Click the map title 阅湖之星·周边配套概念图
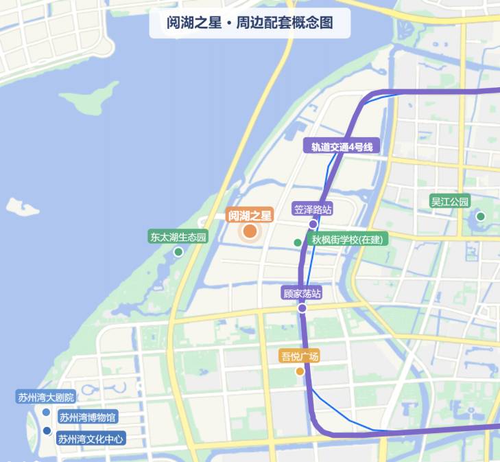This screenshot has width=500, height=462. click(250, 23)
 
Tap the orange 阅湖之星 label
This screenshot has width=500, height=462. click(250, 215)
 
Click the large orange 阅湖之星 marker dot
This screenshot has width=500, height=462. click(250, 231)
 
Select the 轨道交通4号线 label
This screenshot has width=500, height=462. click(341, 146)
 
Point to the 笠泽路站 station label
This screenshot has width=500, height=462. click(313, 209)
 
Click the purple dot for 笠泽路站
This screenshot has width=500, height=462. click(313, 224)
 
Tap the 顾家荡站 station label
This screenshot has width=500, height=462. click(302, 293)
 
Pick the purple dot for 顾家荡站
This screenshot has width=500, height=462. click(302, 308)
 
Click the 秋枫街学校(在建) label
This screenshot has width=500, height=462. click(350, 240)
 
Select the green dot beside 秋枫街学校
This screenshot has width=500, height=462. click(298, 242)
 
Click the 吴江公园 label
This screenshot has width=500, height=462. click(449, 202)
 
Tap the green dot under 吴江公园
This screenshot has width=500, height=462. click(481, 216)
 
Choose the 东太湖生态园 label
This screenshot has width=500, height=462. click(178, 238)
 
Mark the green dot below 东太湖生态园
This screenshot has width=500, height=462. click(178, 252)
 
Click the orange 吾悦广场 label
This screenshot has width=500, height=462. click(300, 356)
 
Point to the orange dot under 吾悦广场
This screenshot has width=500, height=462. click(300, 371)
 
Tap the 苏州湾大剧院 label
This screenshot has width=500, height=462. click(46, 397)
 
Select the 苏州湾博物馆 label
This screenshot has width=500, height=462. click(87, 417)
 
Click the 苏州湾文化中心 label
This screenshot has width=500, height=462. click(91, 439)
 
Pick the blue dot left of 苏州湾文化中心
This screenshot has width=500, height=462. click(47, 431)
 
